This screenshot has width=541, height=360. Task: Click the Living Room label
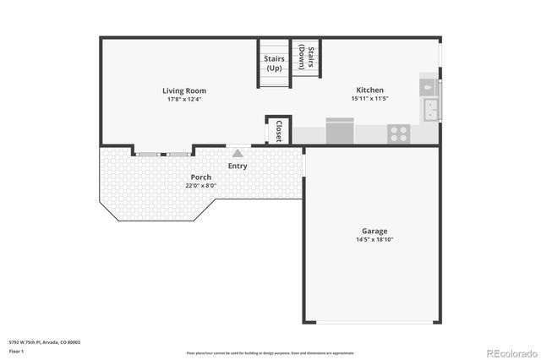point(184,90)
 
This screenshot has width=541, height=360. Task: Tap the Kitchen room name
point(369,90)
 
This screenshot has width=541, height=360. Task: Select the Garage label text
point(374,231)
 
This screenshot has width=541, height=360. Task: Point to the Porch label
point(201,177)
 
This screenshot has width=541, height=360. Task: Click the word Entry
point(238,166)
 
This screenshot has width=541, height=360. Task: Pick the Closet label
point(278,130)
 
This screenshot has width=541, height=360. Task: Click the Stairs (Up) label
point(274,63)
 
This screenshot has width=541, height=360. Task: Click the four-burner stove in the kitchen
point(398,134)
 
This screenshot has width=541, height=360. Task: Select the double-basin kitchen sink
point(430,109)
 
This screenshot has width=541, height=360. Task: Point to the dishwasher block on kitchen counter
point(340,131)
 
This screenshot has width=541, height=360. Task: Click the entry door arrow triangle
point(238,153)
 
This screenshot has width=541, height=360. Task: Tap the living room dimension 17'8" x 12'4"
point(184,99)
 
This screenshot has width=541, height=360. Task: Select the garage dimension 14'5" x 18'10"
point(374,239)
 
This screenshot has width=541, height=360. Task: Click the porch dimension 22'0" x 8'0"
point(201,186)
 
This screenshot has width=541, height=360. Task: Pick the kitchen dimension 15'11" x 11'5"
point(369,98)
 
